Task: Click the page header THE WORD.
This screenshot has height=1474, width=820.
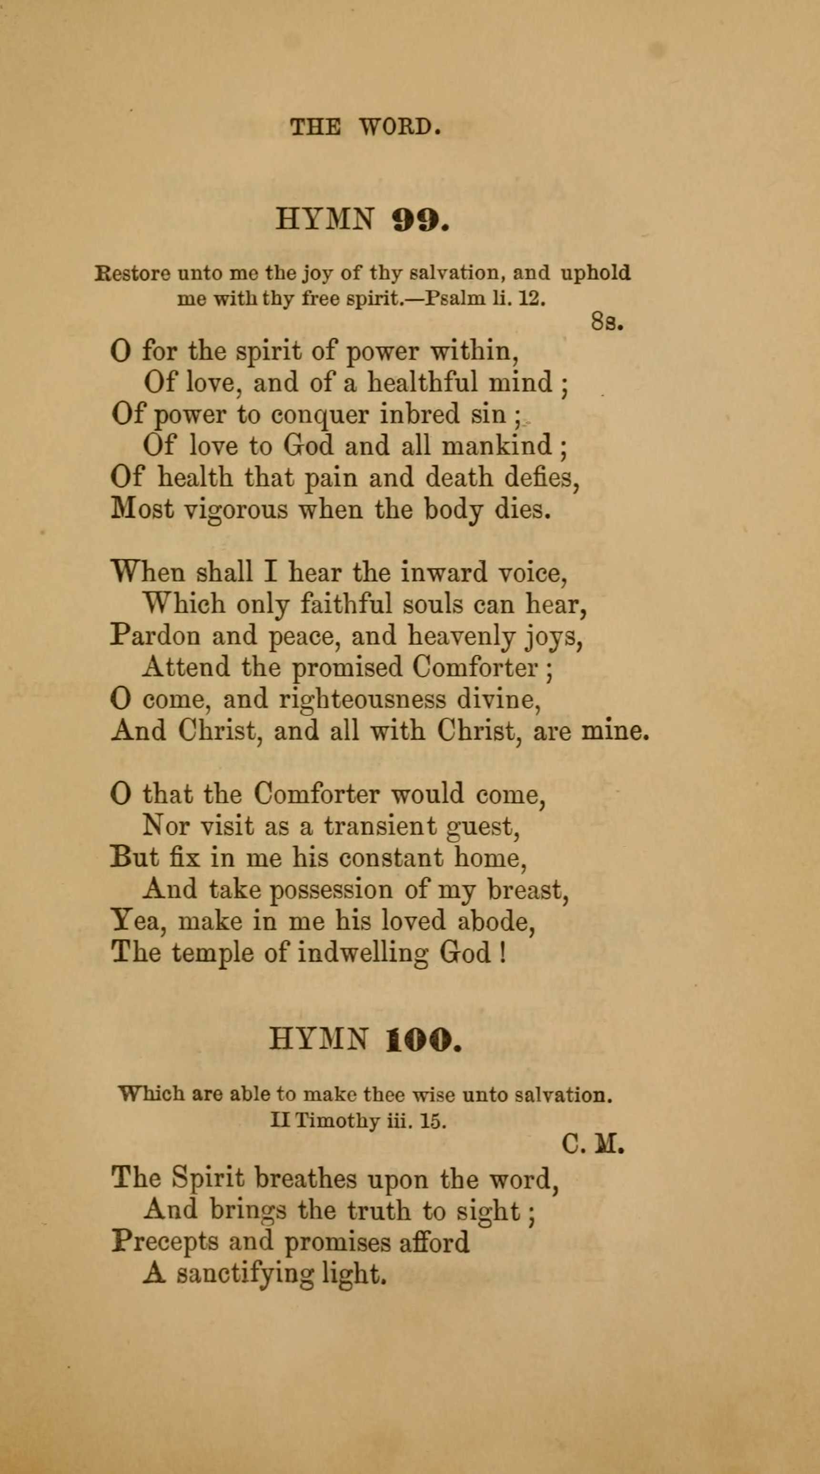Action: click(365, 126)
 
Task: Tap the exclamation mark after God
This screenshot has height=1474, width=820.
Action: click(502, 953)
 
